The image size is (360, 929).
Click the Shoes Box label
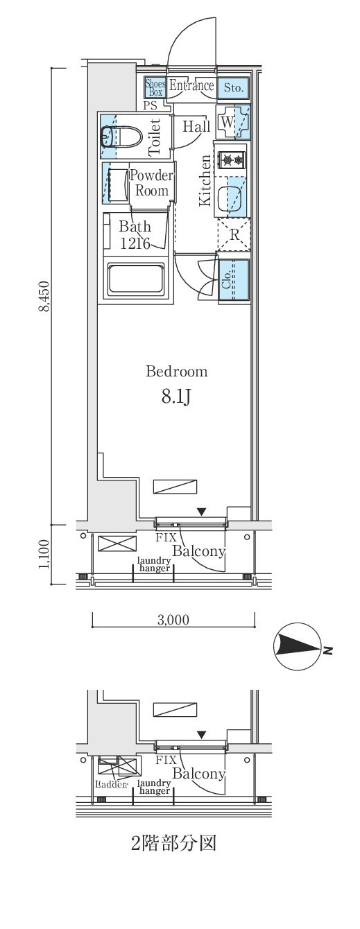154,87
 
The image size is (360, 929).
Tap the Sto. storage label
233,88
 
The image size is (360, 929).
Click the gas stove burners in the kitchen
232,159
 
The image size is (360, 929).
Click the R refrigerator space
234,235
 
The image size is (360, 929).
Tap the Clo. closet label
227,280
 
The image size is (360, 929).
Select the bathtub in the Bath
136,279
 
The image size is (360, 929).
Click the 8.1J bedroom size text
176,397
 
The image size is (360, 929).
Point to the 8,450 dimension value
44,296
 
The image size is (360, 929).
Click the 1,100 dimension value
44,554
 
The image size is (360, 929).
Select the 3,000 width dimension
173,620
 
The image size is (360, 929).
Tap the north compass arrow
298,647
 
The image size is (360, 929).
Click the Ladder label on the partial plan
110,784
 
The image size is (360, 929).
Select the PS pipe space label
151,105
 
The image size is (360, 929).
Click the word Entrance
191,86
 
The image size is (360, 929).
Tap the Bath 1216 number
135,243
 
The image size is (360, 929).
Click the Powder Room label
152,183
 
